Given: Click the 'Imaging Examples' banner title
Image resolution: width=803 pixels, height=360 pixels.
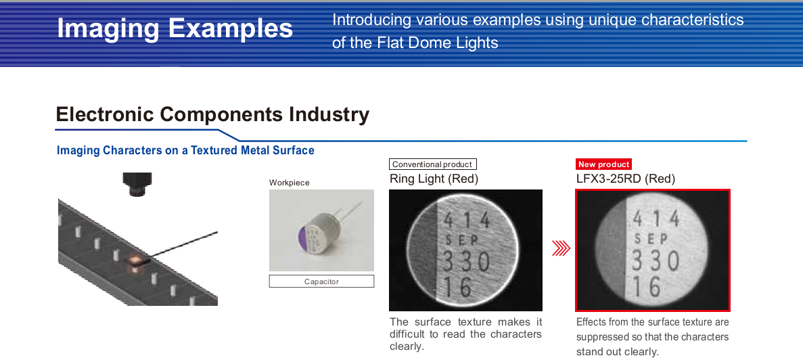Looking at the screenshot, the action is (175, 28).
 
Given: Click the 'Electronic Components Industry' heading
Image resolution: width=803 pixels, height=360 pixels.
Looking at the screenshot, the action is (212, 114).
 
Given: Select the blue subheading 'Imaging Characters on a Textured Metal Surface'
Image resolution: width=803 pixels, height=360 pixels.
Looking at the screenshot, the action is (185, 150).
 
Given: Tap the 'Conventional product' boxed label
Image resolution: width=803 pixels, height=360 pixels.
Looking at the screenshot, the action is (433, 164).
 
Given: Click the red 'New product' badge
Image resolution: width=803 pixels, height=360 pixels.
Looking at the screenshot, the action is (604, 164).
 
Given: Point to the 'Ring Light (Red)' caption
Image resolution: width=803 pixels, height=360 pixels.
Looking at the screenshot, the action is (434, 179).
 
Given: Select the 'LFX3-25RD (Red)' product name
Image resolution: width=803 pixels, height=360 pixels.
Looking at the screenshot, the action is (625, 179).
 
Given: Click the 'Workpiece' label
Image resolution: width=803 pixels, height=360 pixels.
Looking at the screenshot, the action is (290, 183).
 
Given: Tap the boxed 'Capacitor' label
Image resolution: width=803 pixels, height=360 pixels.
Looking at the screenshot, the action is (321, 281).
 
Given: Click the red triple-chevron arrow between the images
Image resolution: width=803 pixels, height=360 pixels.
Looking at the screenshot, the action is (561, 248).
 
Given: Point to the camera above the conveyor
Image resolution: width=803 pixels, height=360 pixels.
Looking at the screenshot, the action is (137, 184).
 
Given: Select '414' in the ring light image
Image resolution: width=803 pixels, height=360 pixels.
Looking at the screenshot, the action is (467, 220).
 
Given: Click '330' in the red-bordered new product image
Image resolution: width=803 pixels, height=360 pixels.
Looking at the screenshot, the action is (656, 261).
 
